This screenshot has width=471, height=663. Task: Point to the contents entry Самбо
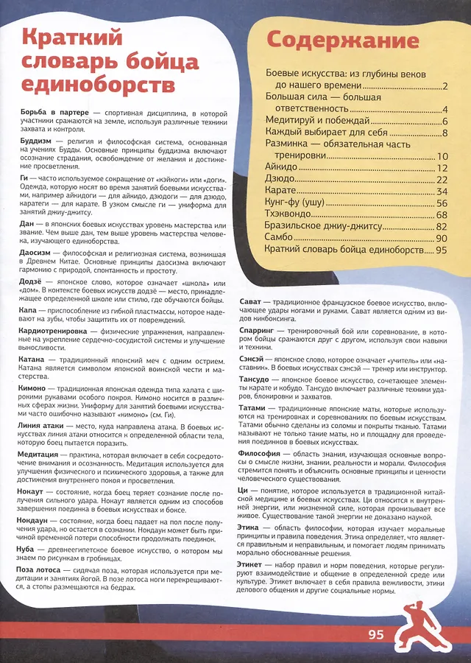click(x=280, y=237)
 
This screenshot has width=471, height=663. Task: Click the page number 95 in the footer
click(x=377, y=634)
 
